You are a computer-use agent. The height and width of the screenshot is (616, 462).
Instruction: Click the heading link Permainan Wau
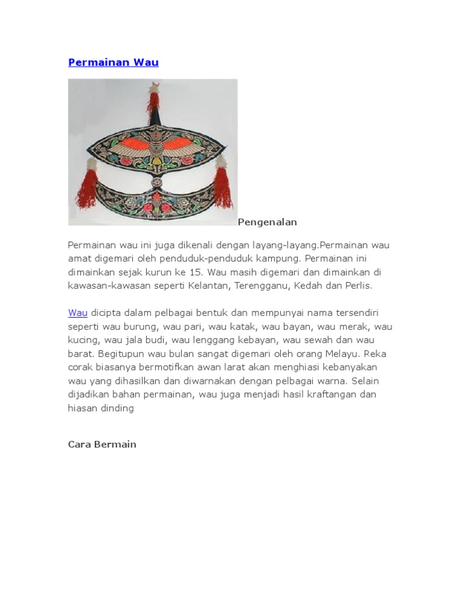[113, 63]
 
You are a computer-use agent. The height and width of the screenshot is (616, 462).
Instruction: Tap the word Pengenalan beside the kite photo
[267, 223]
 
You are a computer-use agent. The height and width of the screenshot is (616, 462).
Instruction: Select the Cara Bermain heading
[102, 445]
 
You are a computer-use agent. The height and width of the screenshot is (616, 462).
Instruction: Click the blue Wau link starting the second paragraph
[78, 313]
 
